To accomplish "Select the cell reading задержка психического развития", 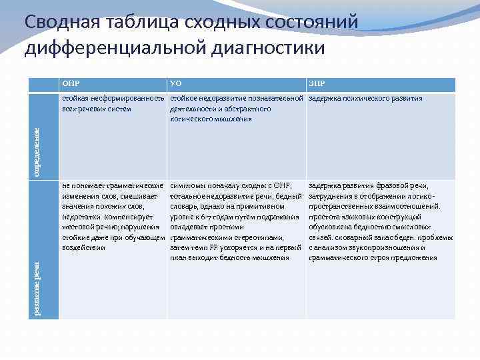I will coord(365,99).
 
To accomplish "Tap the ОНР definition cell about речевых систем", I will coord(112,103).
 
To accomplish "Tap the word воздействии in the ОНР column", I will coord(83,248).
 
